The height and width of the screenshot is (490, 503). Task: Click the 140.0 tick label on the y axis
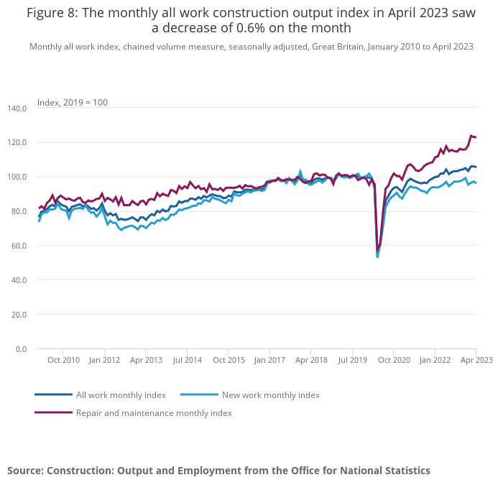coord(16,108)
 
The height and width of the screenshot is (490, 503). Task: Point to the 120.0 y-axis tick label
coord(16,142)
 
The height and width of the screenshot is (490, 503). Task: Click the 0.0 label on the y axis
coord(20,349)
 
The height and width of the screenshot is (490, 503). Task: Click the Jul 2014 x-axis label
coord(187,359)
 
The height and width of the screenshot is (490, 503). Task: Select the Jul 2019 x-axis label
coord(353,359)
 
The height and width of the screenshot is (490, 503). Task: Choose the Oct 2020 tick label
coord(394,359)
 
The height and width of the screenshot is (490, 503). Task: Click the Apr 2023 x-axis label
coord(476,359)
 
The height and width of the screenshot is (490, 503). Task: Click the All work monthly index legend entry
coord(121,395)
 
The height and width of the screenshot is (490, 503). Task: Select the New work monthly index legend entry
coord(270,395)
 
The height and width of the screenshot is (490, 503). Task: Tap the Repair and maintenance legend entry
coord(154,413)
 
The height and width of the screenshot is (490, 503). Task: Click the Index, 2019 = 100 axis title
coord(73,103)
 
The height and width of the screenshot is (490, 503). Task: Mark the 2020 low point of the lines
coord(377,255)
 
